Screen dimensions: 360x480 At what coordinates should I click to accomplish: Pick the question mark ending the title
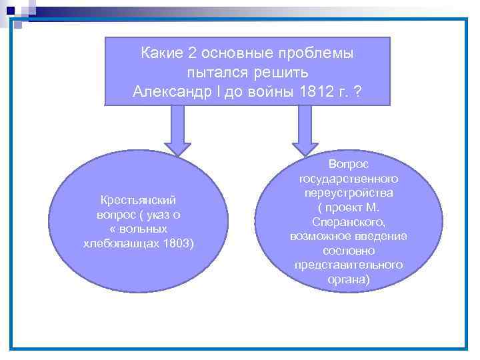point(359,91)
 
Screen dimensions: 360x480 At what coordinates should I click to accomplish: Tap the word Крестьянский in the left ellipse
point(139,199)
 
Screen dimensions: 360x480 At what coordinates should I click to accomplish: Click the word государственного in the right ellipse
point(349,178)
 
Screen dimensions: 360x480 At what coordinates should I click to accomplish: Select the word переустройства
point(349,193)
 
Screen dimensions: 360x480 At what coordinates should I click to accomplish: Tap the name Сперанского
point(349,222)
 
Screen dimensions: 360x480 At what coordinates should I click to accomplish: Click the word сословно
point(349,251)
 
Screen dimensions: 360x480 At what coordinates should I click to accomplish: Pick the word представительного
point(349,265)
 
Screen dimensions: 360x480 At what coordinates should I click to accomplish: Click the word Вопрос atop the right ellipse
point(349,163)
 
